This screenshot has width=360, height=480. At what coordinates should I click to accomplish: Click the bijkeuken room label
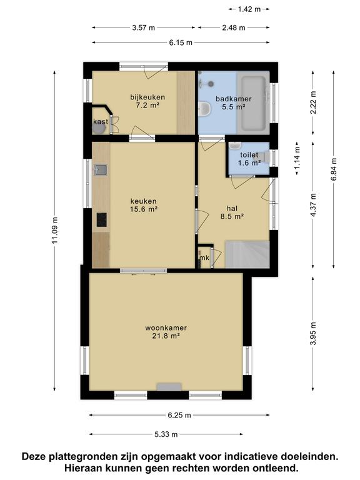coord(147,101)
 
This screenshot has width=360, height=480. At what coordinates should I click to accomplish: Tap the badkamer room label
coord(234,103)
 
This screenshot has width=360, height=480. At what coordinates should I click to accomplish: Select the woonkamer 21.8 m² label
coord(166,332)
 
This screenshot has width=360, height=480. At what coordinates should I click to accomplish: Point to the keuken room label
coord(144,205)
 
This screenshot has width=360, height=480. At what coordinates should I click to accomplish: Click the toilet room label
coord(249,159)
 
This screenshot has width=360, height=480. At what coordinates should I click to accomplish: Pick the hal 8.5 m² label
coord(232,212)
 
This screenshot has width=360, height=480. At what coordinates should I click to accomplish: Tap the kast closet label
coord(101,121)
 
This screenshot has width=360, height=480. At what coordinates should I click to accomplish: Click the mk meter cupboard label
coord(204,257)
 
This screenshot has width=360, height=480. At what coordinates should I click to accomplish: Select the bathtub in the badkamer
coord(253,102)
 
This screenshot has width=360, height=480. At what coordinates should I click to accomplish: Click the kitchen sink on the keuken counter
coord(101,170)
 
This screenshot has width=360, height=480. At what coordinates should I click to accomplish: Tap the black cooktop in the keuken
coord(102,220)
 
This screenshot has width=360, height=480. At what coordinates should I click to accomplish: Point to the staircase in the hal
coord(247,254)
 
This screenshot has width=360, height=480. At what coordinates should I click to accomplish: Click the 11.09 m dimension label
coord(55,230)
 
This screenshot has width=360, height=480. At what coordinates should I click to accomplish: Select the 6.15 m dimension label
coord(181,42)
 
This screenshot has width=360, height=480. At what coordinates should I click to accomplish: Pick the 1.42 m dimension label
coord(249,9)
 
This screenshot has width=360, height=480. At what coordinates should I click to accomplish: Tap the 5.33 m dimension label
coord(166,434)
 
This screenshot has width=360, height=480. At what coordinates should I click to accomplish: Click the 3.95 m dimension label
coord(313,334)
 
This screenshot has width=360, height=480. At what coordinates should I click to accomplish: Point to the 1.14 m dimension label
coord(297,158)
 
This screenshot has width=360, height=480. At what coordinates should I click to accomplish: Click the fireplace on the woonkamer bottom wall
coord(169,387)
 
